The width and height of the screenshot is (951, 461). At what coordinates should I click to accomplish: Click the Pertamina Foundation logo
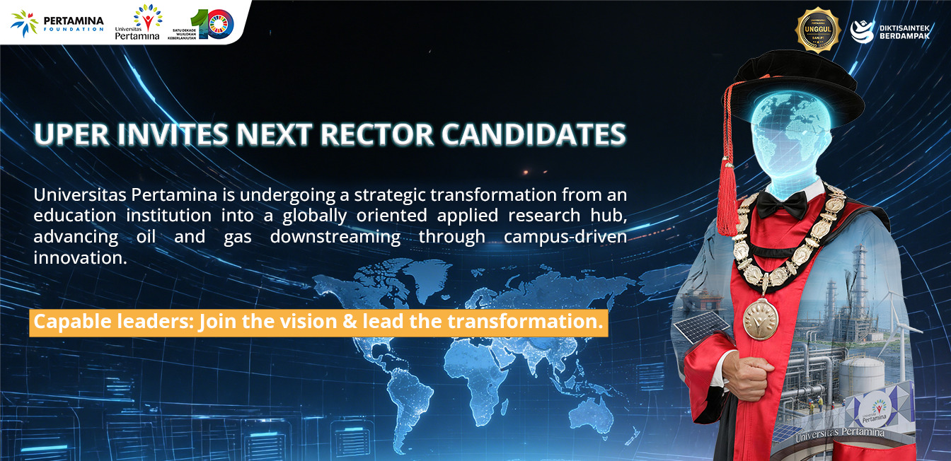(57, 22)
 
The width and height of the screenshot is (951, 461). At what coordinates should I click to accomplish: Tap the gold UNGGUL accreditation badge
(817, 30)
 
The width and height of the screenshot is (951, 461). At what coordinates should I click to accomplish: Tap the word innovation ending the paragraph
(80, 258)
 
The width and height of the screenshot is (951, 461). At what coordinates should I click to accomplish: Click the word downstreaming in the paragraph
(335, 237)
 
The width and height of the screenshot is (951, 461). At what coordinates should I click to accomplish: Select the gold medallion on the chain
(760, 318)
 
